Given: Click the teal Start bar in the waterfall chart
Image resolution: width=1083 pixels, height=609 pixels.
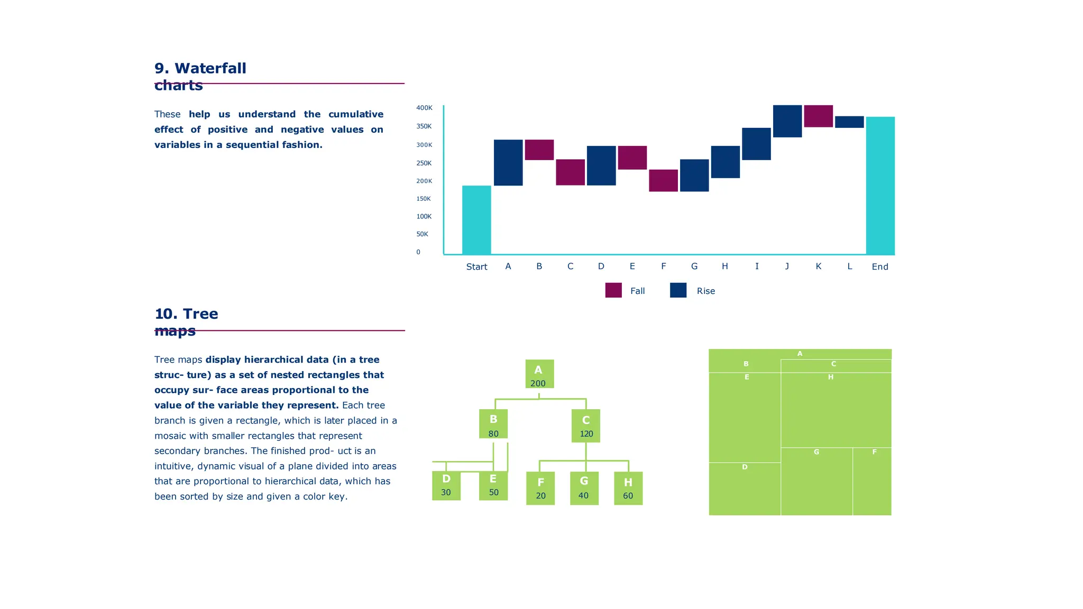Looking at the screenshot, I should tap(476, 219).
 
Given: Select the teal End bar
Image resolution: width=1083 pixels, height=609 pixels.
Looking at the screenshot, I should tap(880, 185).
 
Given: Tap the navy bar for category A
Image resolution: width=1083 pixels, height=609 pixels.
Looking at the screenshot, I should tap(508, 162).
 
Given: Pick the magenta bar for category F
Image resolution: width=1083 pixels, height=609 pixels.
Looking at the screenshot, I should tap(663, 180).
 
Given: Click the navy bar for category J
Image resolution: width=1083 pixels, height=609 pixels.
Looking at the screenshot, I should tap(787, 121).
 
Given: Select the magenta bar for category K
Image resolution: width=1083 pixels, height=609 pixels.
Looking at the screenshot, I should tap(818, 116).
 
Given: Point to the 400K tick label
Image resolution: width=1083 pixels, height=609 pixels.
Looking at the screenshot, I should tap(424, 108).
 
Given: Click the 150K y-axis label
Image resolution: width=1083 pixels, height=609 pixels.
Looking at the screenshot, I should tap(424, 199).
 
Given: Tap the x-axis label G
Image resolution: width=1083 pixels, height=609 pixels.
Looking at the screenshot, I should tap(694, 266).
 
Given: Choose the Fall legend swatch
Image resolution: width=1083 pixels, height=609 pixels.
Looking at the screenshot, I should tap(613, 290).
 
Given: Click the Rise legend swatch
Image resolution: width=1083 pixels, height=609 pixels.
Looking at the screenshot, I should tap(678, 290).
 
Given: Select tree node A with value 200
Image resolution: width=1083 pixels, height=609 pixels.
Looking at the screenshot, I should tap(539, 374).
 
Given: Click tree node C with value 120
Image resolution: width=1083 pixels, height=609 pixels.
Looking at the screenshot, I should tap(586, 426).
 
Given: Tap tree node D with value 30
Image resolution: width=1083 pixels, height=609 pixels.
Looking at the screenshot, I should tap(446, 485).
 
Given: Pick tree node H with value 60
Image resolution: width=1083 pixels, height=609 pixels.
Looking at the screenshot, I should tap(628, 488).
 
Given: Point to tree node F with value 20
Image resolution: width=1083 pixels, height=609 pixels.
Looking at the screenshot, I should tap(540, 488).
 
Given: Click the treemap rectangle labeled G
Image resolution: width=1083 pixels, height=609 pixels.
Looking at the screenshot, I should tap(816, 481).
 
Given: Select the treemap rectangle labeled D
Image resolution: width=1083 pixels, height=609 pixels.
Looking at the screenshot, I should tap(745, 489).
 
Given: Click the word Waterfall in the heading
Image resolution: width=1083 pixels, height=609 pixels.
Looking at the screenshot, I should tap(210, 69).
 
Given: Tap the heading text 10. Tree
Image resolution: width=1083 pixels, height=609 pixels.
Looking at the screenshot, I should tap(186, 314).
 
